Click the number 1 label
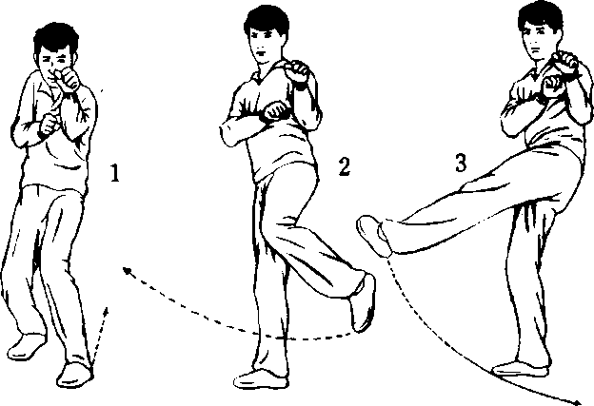(115, 172)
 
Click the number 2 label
(344, 166)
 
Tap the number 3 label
(461, 163)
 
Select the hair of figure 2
(267, 18)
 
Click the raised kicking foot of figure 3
(374, 235)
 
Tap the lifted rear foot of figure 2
(363, 302)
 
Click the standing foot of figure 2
(261, 378)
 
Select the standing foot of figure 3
(520, 369)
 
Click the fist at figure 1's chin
(68, 79)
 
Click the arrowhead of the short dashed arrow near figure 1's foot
(106, 312)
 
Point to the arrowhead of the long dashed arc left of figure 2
(128, 271)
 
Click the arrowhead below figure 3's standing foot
(576, 402)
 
